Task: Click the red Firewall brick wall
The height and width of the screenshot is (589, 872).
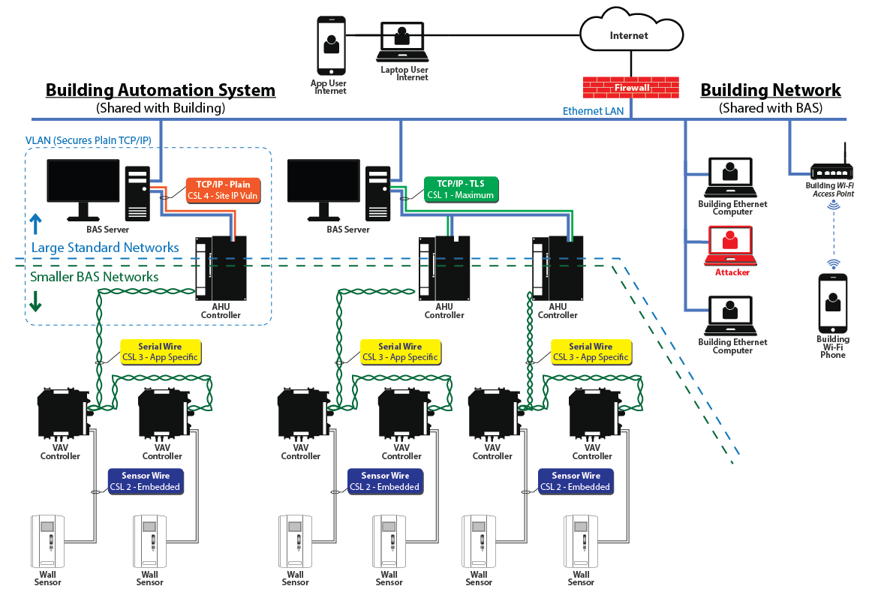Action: pos(631,87)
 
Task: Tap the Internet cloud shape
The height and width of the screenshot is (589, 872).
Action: pos(630,35)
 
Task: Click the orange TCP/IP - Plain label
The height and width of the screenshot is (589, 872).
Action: pos(223,189)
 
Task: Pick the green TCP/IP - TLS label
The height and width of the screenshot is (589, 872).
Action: pos(461,189)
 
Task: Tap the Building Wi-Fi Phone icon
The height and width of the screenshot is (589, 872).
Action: pos(832,303)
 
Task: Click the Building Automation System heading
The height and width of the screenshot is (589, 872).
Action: pos(160,90)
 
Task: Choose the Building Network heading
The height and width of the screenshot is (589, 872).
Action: pos(770,90)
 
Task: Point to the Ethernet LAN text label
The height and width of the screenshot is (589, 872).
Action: pos(593,111)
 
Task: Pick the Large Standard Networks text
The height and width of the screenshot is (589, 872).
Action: pos(104,248)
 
